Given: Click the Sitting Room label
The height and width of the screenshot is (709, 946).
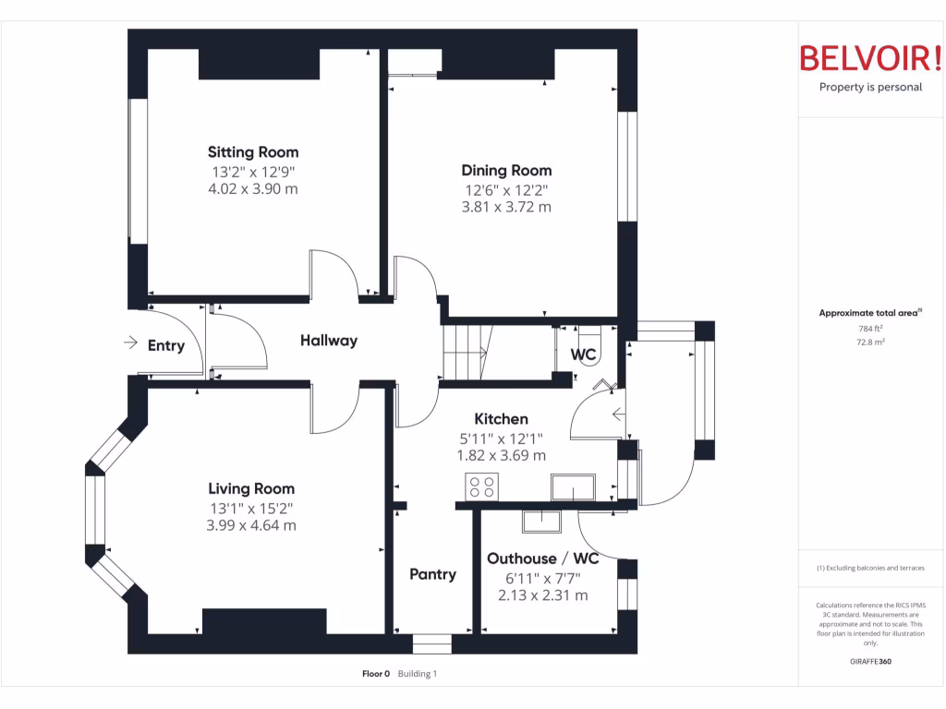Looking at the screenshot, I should pyautogui.click(x=253, y=152).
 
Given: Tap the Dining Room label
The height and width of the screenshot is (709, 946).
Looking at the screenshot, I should pyautogui.click(x=506, y=171).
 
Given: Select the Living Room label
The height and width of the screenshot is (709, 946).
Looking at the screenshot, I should pyautogui.click(x=251, y=489).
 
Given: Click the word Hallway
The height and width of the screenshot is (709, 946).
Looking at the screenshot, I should pyautogui.click(x=328, y=341).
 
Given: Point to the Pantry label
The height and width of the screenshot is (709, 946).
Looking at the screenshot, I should pyautogui.click(x=432, y=574).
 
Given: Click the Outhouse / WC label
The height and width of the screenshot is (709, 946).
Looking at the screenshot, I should pyautogui.click(x=542, y=559).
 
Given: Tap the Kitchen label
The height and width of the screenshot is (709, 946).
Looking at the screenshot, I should pyautogui.click(x=501, y=419).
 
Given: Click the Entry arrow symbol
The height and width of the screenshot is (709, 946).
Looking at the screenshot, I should pyautogui.click(x=130, y=343).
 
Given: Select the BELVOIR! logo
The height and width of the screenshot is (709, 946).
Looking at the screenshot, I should pyautogui.click(x=869, y=59).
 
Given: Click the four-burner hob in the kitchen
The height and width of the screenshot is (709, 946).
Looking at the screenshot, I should pyautogui.click(x=481, y=487).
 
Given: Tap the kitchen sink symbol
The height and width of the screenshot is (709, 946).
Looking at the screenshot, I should pyautogui.click(x=573, y=487).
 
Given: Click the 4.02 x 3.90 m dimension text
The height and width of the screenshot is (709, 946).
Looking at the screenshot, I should pyautogui.click(x=253, y=188).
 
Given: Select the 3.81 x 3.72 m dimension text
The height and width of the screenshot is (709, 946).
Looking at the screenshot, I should pyautogui.click(x=506, y=207).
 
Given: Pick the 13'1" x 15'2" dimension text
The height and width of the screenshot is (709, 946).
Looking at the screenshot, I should pyautogui.click(x=251, y=508).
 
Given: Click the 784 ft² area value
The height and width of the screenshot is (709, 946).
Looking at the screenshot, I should pyautogui.click(x=870, y=329).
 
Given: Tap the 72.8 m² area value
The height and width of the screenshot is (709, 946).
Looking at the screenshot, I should pyautogui.click(x=870, y=342).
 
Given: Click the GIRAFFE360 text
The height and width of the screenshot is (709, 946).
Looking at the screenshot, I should pyautogui.click(x=870, y=661).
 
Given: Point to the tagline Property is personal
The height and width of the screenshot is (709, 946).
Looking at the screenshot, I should pyautogui.click(x=870, y=88).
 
